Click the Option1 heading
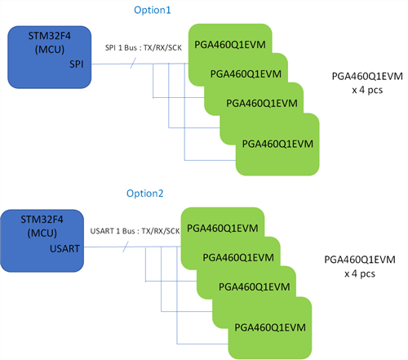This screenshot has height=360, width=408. coord(153,11)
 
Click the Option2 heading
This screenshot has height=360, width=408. coord(145,193)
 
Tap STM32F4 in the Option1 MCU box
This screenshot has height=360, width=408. coord(50,36)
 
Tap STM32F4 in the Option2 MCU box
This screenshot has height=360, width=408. coord(42,220)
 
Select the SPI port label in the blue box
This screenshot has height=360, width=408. coord(77,64)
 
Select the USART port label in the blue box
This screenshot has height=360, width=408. coord(64,248)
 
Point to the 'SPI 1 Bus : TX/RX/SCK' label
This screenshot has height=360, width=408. coord(144,48)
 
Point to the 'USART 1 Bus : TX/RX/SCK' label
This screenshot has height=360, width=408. coord(135,231)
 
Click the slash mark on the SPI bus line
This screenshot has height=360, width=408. coord(133,64)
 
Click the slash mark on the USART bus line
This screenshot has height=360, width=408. coord(126,247)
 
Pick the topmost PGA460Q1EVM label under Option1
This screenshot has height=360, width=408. coord(230,45)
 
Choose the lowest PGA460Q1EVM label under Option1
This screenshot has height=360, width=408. coord(277,144)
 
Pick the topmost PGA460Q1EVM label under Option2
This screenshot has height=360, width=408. coord(223,228)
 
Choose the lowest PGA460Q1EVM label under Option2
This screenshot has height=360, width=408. coord(270,327)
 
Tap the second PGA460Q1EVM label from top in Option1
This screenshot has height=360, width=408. coord(246,74)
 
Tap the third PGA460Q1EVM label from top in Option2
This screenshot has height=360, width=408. coord(255,287)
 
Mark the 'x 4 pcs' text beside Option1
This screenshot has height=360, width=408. coord(367,90)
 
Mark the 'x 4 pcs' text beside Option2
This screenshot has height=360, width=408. coord(360,273)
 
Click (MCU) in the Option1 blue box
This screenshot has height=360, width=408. coord(50,50)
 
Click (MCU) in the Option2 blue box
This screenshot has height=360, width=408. coord(42,233)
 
